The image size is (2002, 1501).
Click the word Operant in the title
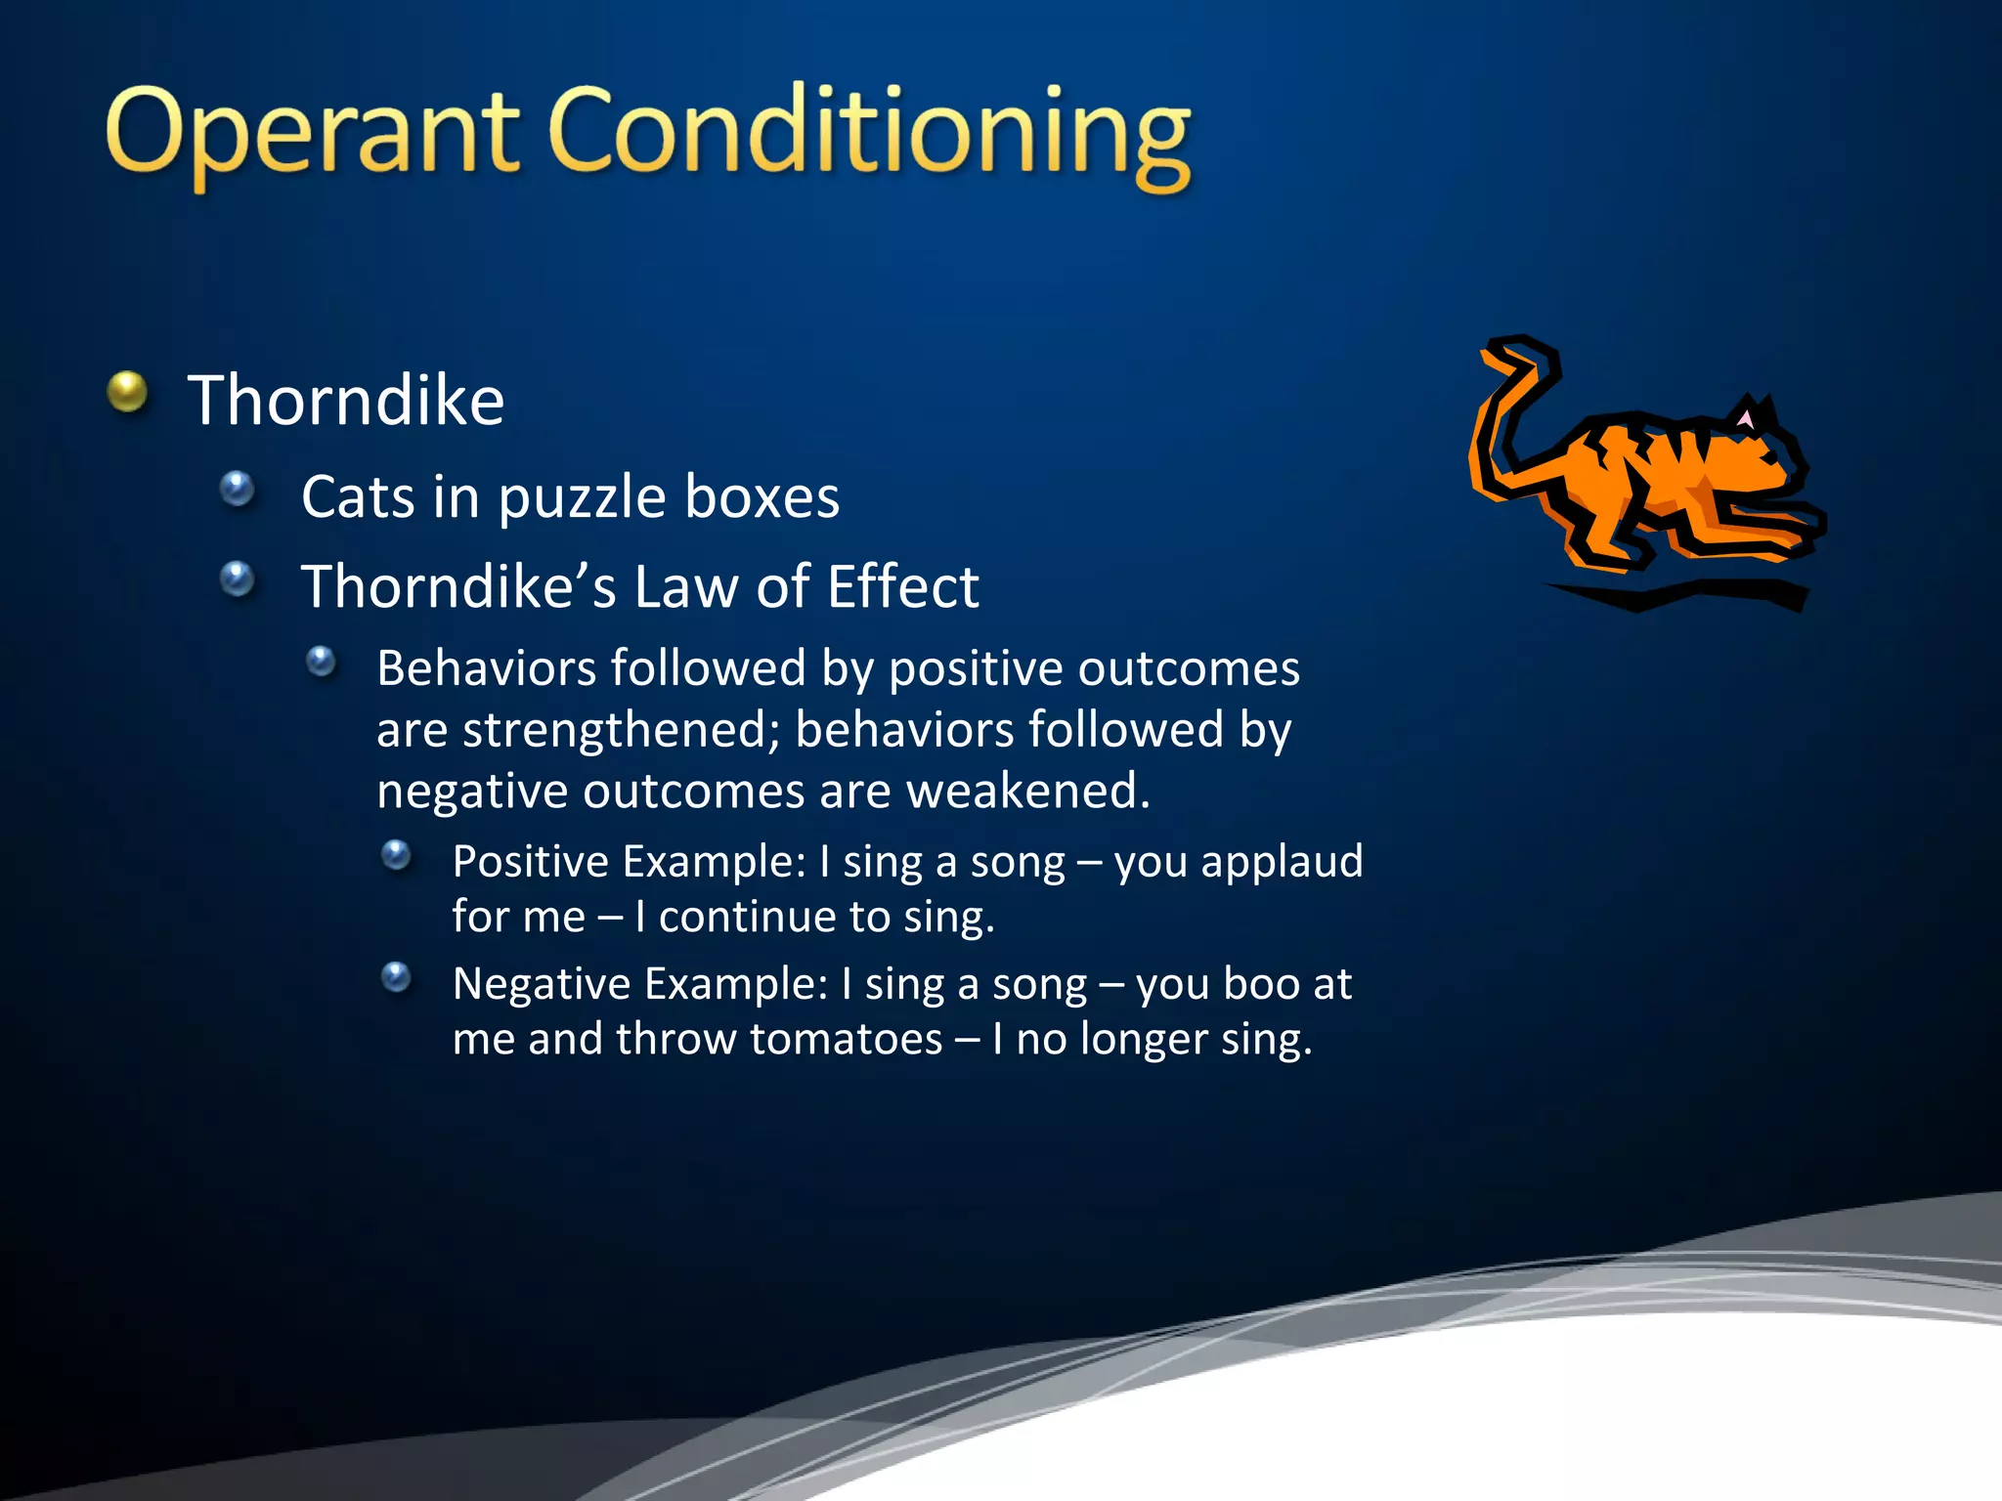[311, 132]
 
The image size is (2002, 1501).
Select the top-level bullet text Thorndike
[345, 401]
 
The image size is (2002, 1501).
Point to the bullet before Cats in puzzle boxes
[237, 489]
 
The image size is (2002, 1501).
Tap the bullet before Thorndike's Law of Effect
[237, 579]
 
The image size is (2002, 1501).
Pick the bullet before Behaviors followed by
[321, 663]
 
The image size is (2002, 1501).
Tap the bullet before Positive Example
[396, 856]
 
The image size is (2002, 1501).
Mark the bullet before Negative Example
[396, 976]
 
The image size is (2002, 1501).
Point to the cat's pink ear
[1745, 419]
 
